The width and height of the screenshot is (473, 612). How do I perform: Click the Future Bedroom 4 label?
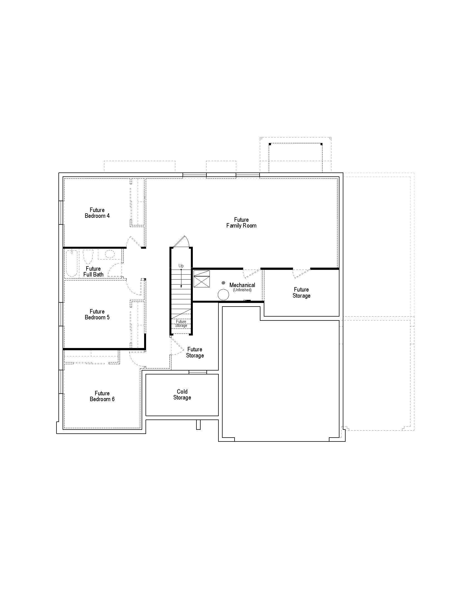click(x=97, y=213)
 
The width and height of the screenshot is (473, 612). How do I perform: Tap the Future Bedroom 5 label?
click(x=97, y=314)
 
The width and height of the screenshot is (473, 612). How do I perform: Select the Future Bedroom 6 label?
click(x=102, y=396)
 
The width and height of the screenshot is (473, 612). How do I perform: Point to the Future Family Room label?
click(x=241, y=223)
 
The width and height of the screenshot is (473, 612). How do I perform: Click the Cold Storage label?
click(x=182, y=394)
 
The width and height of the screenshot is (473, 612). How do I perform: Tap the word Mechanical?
click(x=242, y=285)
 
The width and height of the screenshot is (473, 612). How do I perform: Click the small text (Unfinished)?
click(x=242, y=290)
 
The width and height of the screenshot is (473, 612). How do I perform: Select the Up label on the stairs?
click(x=181, y=266)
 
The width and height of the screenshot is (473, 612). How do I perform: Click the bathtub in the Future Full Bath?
click(x=72, y=263)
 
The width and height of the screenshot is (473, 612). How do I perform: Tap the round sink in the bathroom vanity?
click(x=110, y=254)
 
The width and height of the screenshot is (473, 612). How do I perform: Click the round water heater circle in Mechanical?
click(x=223, y=295)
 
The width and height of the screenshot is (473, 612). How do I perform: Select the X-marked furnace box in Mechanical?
click(x=201, y=279)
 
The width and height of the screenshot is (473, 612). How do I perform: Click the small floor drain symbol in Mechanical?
click(x=223, y=283)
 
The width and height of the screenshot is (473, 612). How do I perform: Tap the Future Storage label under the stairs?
click(x=181, y=324)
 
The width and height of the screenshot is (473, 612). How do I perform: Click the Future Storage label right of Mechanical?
click(x=301, y=293)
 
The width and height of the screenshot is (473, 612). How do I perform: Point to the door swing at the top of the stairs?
click(x=182, y=241)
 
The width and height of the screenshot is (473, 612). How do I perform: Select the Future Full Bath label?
click(x=93, y=272)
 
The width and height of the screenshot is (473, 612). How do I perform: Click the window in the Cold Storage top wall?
click(x=198, y=372)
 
